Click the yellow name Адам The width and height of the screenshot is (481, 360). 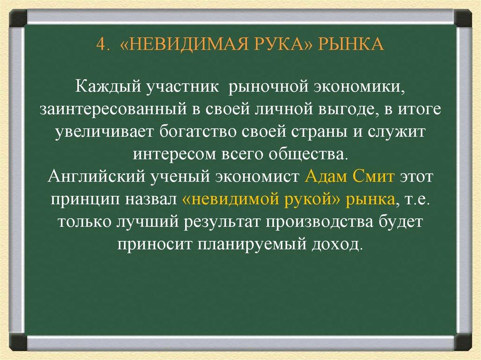point(326,177)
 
